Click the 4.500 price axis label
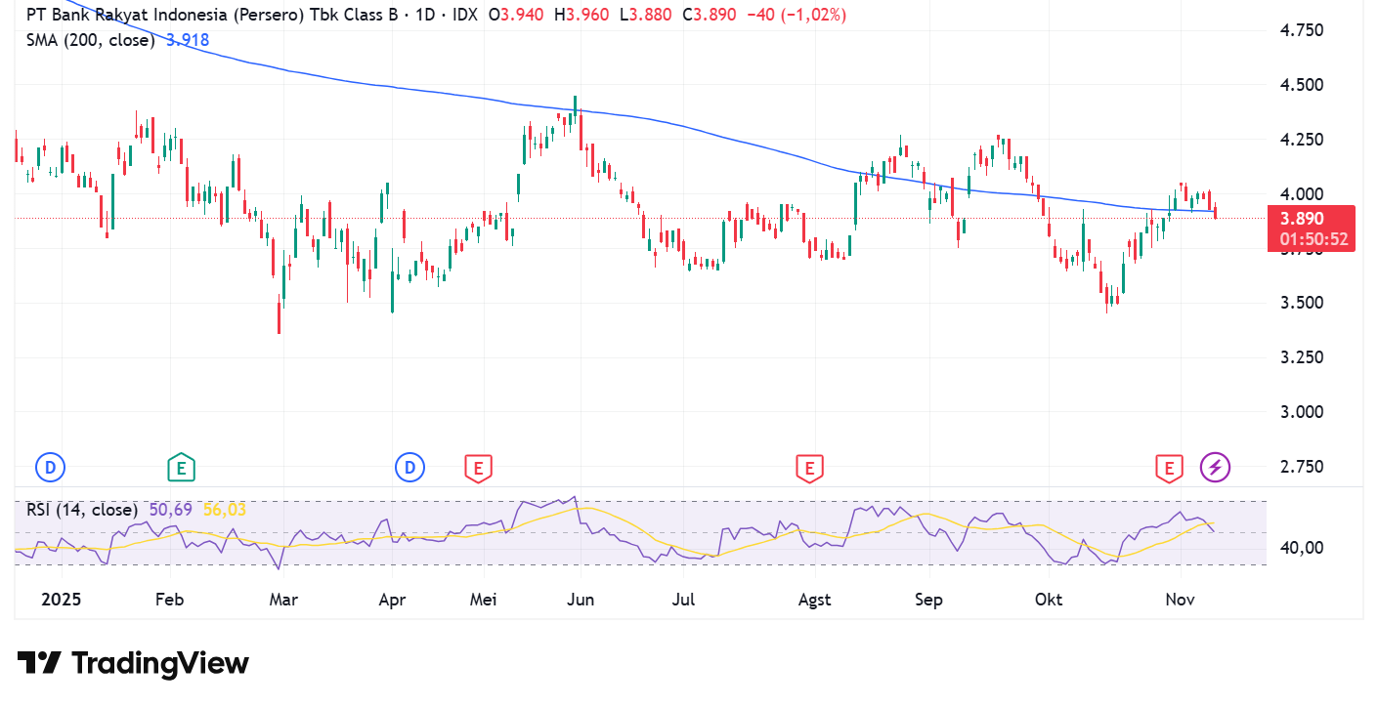(x=1302, y=85)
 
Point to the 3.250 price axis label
(x=1302, y=357)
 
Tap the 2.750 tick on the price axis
(x=1302, y=467)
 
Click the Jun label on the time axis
(x=581, y=600)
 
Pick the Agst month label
(x=814, y=600)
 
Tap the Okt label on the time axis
(x=1049, y=600)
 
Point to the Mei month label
(x=483, y=600)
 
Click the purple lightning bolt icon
(x=1215, y=468)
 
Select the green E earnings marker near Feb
(x=181, y=468)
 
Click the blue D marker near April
(x=409, y=468)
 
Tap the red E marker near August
(x=809, y=469)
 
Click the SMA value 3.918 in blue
(x=188, y=41)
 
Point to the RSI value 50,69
(x=170, y=510)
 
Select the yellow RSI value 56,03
(x=225, y=510)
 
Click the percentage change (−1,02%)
(x=813, y=15)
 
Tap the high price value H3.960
(x=581, y=15)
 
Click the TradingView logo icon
(x=39, y=663)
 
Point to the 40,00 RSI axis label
(x=1302, y=548)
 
